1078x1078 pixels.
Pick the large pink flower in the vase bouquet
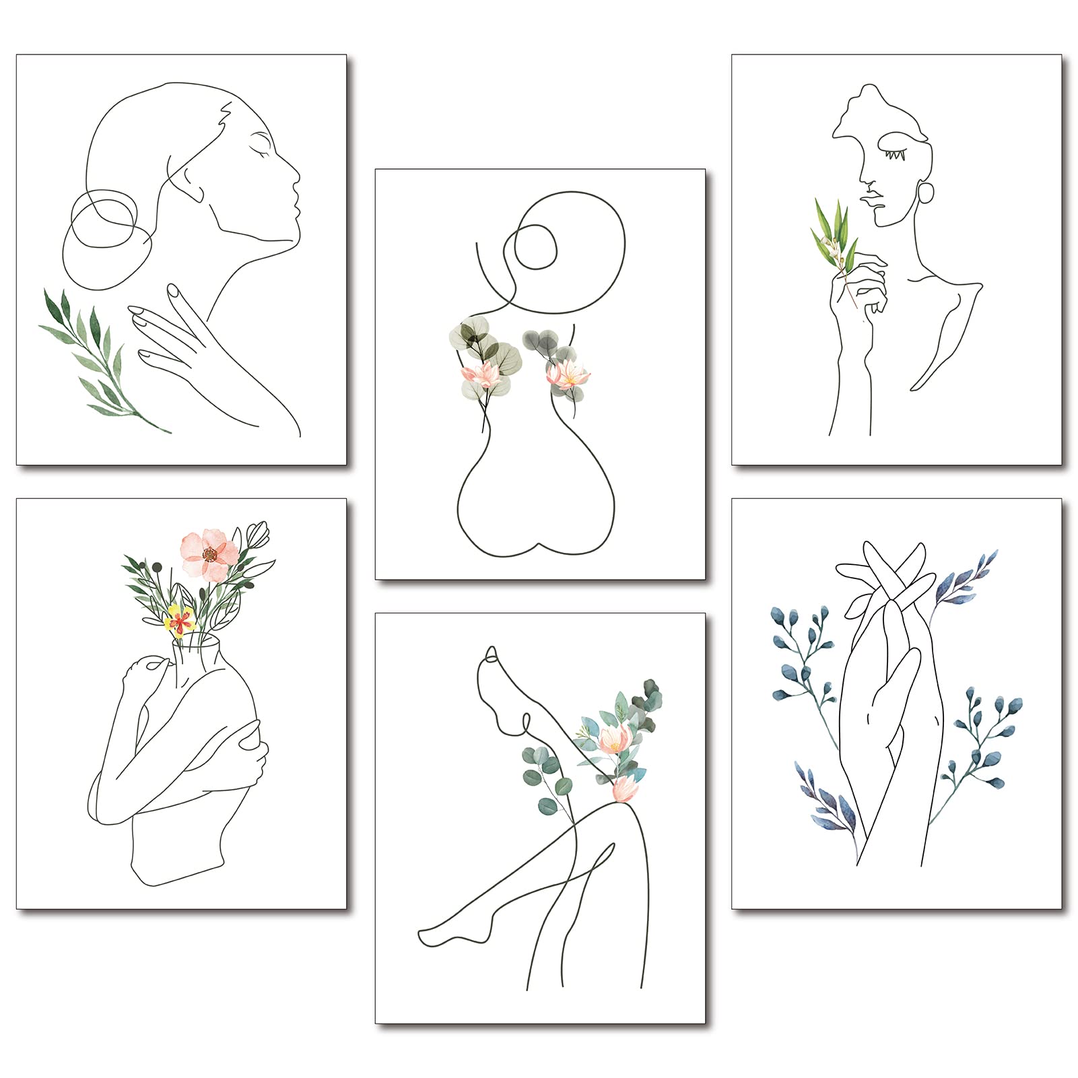tap(207, 555)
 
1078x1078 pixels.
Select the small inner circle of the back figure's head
tap(535, 246)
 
